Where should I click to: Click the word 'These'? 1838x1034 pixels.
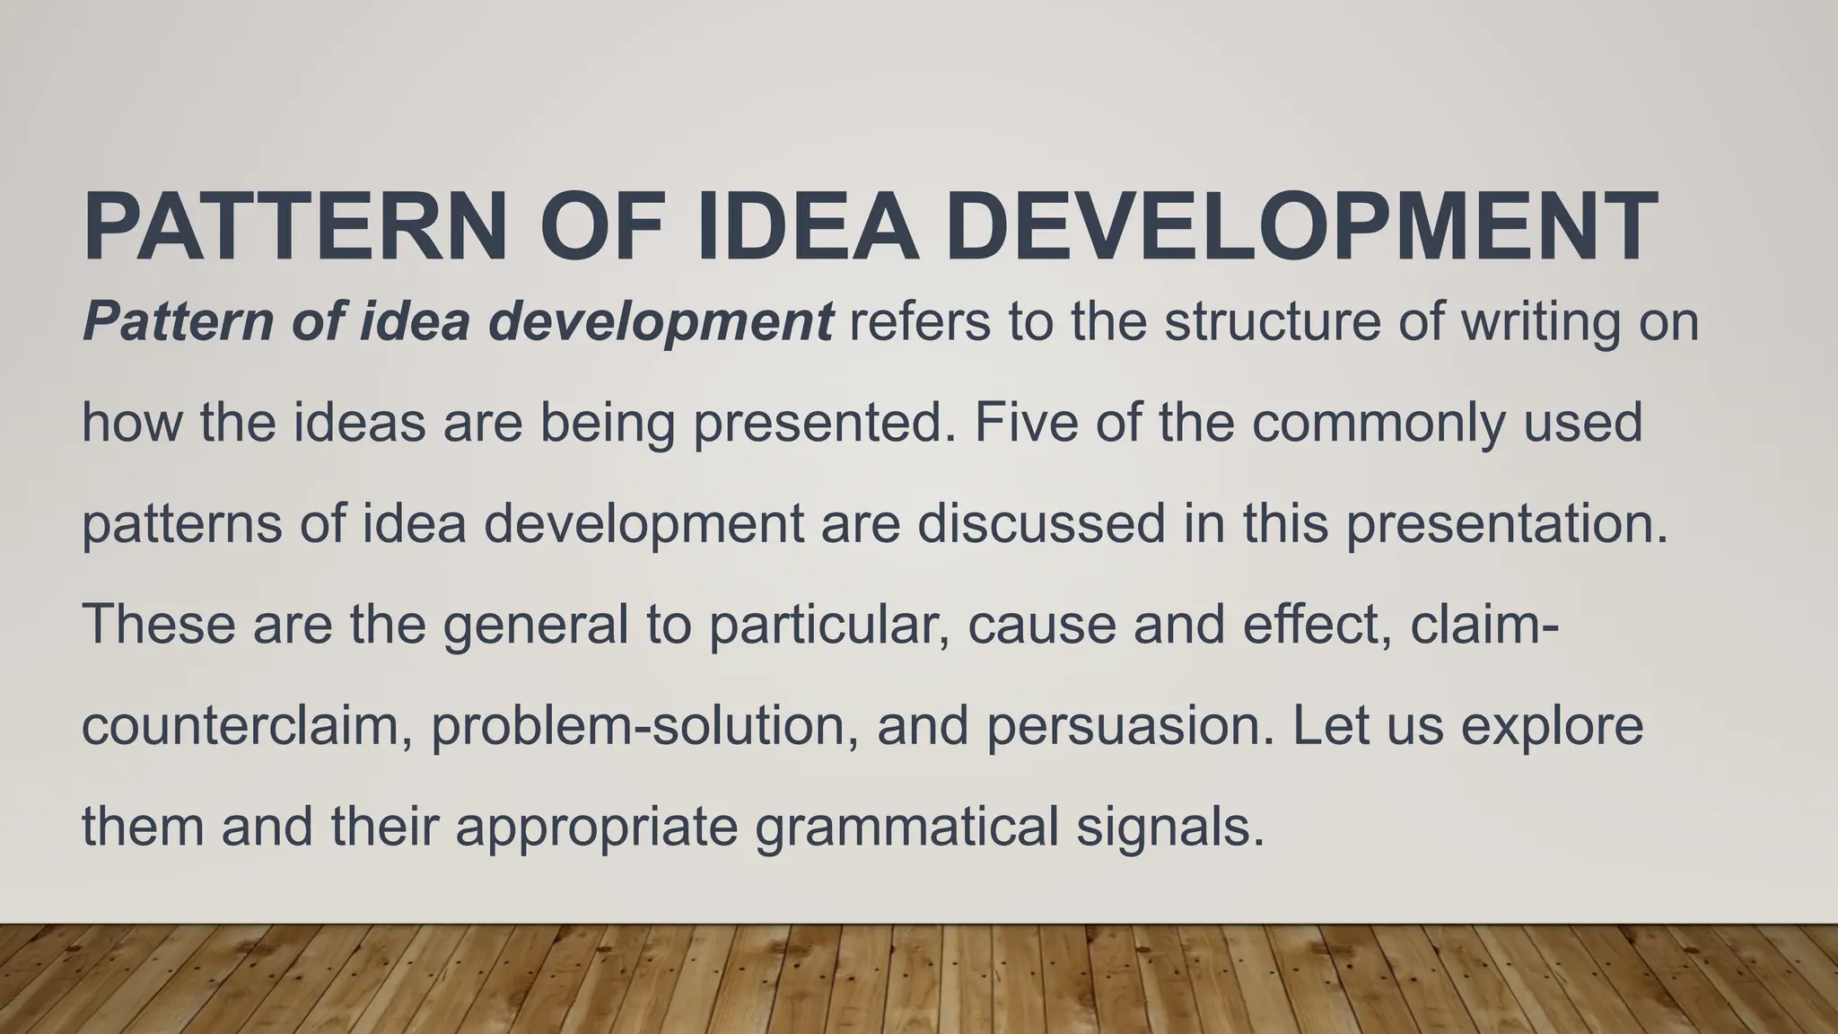(x=158, y=624)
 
